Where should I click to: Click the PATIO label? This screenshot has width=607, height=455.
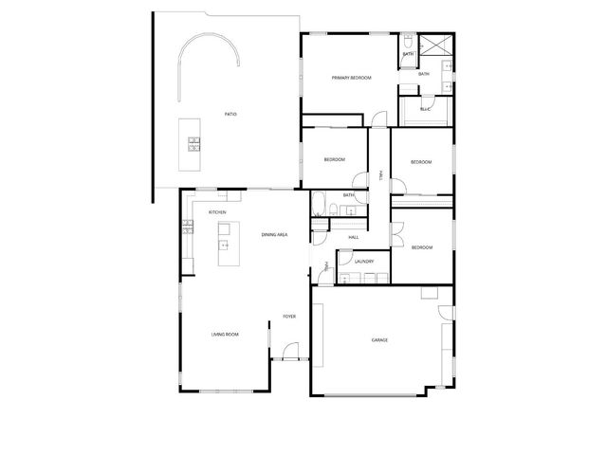(x=230, y=114)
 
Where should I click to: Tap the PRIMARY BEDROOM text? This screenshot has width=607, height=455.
(x=351, y=78)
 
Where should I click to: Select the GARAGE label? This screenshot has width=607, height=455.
(x=379, y=339)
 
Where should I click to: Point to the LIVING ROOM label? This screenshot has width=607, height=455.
(x=225, y=334)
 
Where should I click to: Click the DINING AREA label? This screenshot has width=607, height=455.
(x=274, y=233)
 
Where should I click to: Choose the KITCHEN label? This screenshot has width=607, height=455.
(x=217, y=212)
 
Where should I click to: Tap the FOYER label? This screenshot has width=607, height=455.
(x=289, y=317)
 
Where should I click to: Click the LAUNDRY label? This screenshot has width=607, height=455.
(x=363, y=262)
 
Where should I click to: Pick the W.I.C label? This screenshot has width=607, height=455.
(x=424, y=109)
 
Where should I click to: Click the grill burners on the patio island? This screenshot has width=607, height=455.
(x=194, y=145)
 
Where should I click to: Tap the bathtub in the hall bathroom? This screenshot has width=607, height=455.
(x=320, y=204)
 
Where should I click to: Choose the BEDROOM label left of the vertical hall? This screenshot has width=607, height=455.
(x=333, y=159)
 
